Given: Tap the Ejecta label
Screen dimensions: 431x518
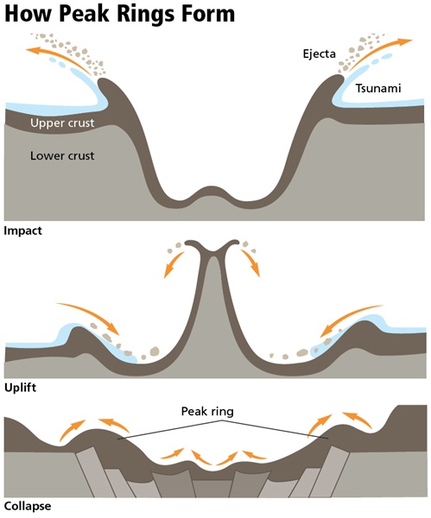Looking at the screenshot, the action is pyautogui.click(x=319, y=54).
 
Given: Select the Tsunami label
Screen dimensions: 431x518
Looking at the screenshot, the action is pyautogui.click(x=378, y=89).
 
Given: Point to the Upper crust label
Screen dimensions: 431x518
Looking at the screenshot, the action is pyautogui.click(x=62, y=123).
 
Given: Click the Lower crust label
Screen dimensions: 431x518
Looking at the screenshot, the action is pyautogui.click(x=62, y=155).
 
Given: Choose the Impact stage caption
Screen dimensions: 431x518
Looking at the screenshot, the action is pyautogui.click(x=22, y=231).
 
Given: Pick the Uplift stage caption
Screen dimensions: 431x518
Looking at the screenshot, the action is pyautogui.click(x=20, y=388).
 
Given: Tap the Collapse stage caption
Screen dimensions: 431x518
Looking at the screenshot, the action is pyautogui.click(x=28, y=506).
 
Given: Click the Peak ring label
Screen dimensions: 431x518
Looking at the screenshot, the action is pyautogui.click(x=207, y=412).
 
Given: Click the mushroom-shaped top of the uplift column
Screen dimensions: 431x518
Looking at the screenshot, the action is pyautogui.click(x=212, y=245).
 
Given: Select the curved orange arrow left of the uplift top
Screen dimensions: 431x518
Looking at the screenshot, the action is pyautogui.click(x=174, y=264).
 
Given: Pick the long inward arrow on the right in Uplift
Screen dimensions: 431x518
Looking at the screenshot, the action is pyautogui.click(x=351, y=319).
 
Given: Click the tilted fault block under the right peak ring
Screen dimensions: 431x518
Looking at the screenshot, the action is pyautogui.click(x=330, y=471).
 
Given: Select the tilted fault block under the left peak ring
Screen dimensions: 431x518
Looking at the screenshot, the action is pyautogui.click(x=96, y=471).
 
